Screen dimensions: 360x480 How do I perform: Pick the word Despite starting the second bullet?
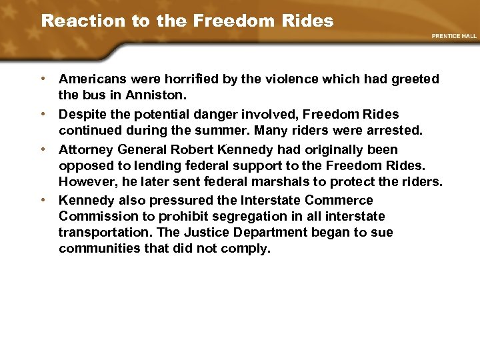81,115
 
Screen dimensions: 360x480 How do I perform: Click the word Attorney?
85,150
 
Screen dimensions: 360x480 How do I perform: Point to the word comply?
248,249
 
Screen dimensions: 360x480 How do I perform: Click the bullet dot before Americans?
43,79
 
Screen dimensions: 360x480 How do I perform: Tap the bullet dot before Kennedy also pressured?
43,199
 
